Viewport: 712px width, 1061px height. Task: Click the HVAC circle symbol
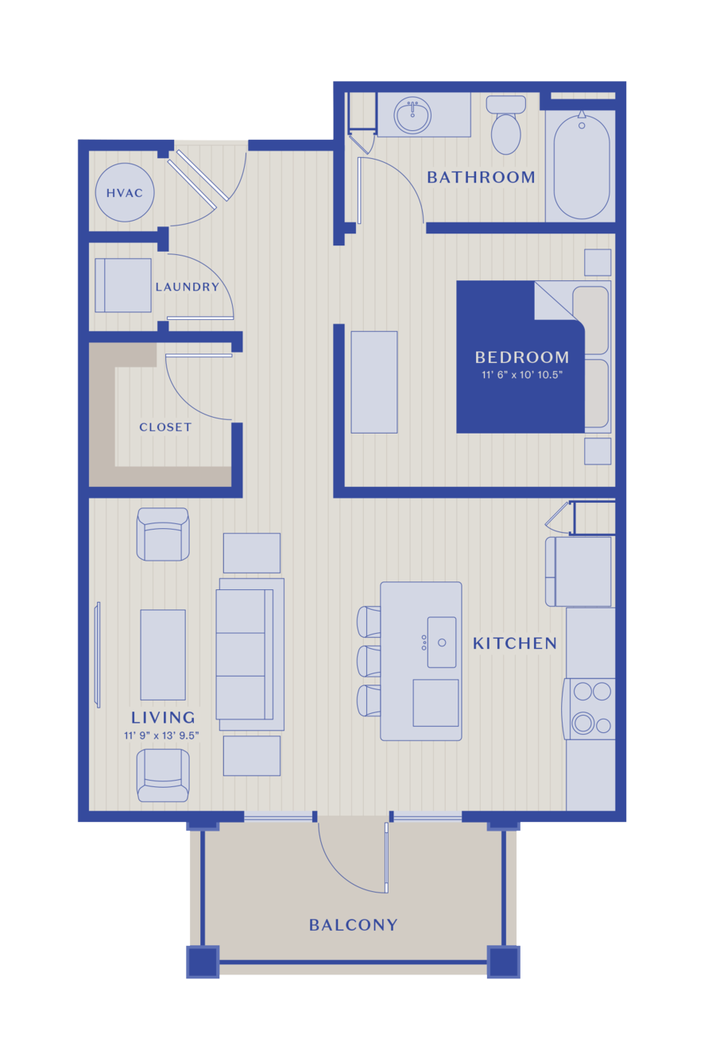click(125, 192)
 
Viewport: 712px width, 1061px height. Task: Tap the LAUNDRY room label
click(188, 287)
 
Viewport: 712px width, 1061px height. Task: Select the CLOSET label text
click(165, 426)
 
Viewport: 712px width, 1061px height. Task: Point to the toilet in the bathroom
click(506, 125)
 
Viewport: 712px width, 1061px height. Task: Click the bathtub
click(582, 166)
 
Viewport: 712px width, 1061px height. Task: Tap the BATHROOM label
click(481, 177)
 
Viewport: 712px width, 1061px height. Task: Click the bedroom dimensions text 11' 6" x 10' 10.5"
click(522, 375)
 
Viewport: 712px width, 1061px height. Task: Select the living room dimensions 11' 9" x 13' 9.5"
click(161, 735)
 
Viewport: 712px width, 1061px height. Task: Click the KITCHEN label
click(515, 643)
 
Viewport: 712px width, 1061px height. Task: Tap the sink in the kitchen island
click(442, 642)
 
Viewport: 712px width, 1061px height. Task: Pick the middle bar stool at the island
click(369, 662)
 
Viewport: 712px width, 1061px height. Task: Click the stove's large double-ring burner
click(583, 723)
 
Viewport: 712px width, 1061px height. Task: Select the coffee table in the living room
click(163, 654)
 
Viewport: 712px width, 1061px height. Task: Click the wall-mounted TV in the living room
click(98, 654)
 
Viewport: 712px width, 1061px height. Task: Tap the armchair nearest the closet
click(163, 534)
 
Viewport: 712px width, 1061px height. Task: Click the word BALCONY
click(353, 925)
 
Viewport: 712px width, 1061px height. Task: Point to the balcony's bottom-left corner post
click(203, 962)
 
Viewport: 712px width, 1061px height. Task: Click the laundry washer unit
click(123, 285)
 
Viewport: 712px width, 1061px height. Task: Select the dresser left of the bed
click(374, 382)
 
